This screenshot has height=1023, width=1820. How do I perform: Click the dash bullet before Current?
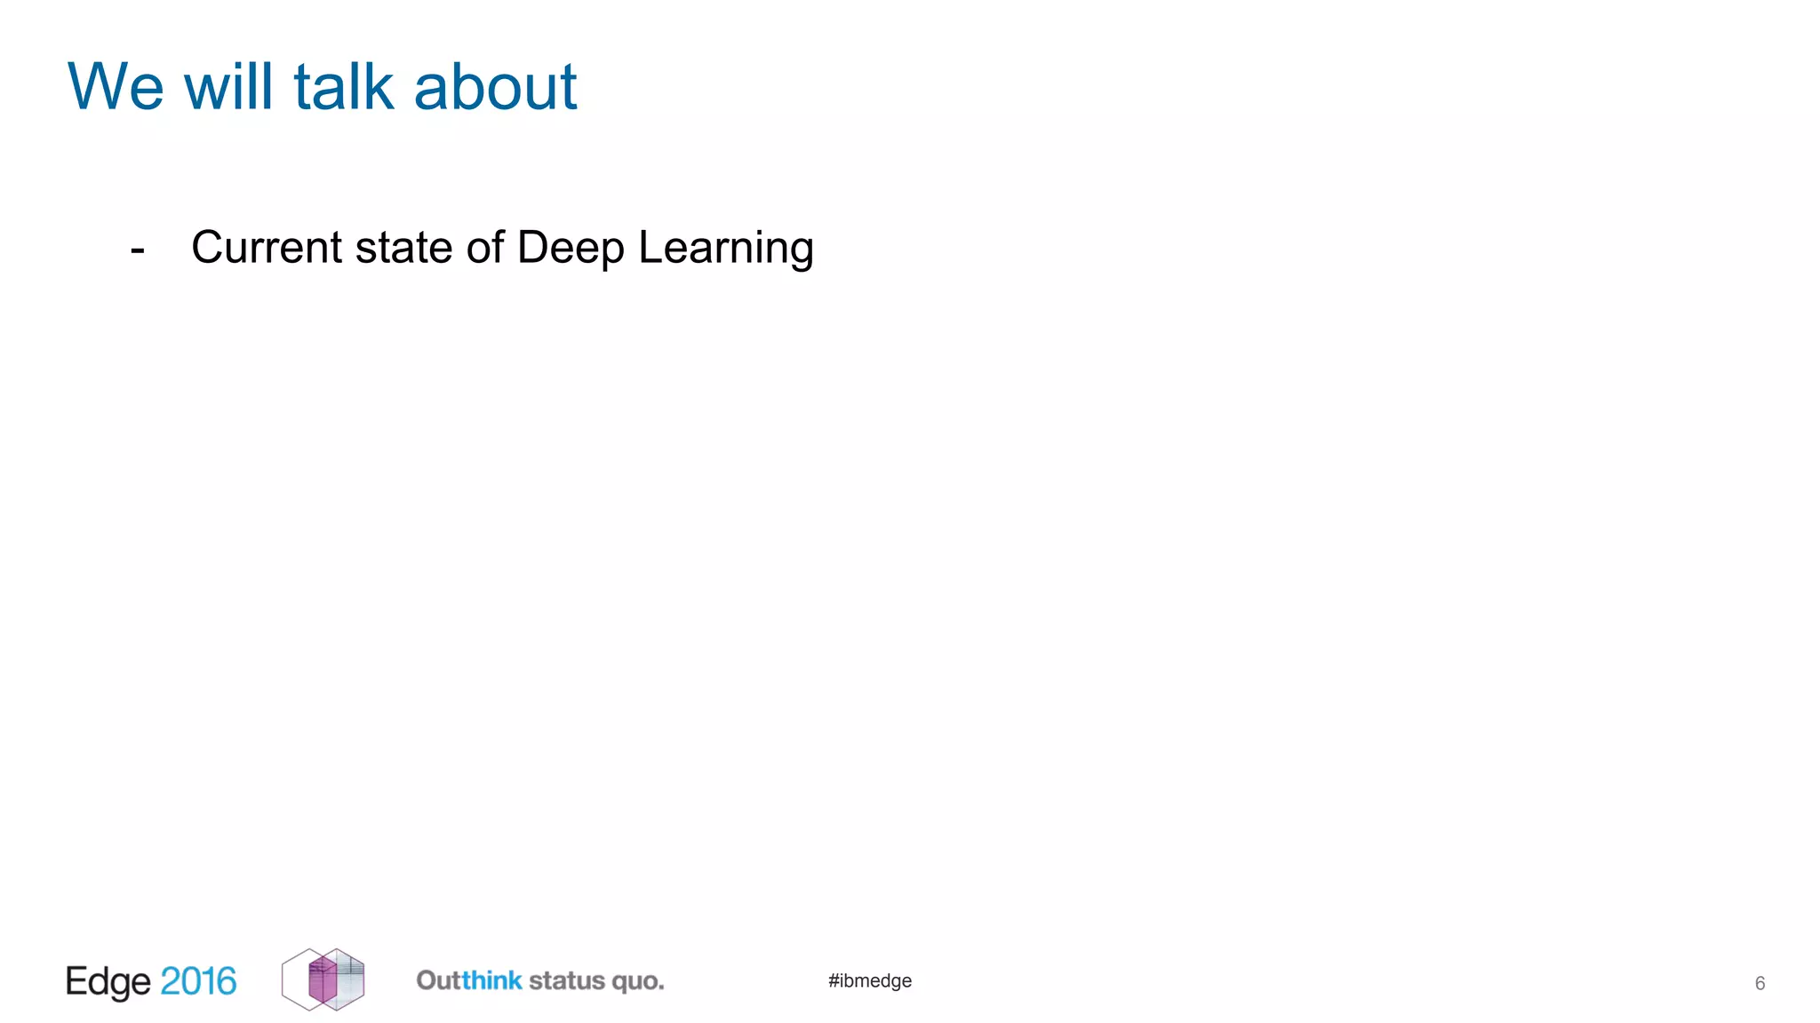138,250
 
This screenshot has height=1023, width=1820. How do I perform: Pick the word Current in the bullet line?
267,247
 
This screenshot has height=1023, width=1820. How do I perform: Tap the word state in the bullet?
403,247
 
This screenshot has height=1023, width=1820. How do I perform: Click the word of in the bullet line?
485,247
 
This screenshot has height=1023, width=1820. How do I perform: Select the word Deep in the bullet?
571,249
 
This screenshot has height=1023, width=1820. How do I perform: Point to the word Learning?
725,249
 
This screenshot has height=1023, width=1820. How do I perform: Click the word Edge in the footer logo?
108,982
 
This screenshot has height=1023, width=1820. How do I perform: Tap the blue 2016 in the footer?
198,981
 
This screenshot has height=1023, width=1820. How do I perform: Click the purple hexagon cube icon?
323,979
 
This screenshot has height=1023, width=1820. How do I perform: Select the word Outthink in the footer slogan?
469,980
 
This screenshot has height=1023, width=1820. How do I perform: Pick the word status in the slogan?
567,980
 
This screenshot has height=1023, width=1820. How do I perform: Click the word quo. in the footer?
638,981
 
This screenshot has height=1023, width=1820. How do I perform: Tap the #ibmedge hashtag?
870,980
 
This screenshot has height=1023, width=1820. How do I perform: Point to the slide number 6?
1760,983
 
